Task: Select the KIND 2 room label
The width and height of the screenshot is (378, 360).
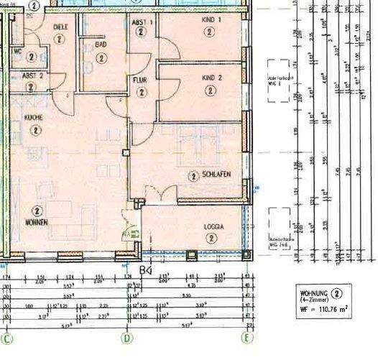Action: pos(209,78)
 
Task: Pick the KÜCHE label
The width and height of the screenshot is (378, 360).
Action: pos(34,117)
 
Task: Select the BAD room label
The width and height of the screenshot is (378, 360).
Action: pos(101,44)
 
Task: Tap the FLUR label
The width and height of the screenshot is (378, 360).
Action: pos(139,80)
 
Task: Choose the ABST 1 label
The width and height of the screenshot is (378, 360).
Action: pos(142,23)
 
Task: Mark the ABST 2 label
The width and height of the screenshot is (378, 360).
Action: pos(32,75)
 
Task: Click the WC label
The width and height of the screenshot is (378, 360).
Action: pos(17,51)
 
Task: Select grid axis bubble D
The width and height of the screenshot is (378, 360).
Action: pos(127,337)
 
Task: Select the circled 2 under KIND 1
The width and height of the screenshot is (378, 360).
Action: pos(209,32)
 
